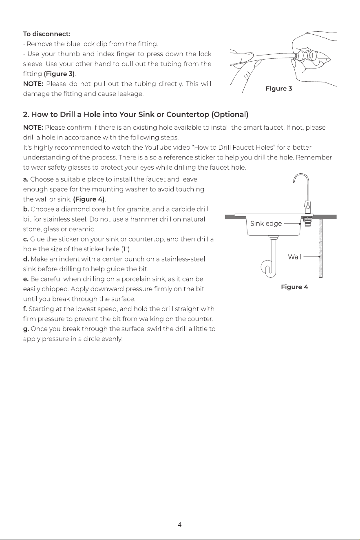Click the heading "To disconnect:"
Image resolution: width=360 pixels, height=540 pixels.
[46, 34]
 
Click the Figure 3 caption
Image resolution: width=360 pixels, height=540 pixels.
[279, 89]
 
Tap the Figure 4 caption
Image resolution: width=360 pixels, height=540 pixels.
[294, 287]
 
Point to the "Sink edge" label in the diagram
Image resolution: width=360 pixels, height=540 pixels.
[266, 224]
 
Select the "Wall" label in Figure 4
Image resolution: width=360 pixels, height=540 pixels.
[295, 257]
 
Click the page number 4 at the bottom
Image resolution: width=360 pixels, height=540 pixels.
[180, 525]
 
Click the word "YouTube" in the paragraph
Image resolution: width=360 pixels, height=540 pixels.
[158, 147]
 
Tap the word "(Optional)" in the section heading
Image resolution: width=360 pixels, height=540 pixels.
[230, 115]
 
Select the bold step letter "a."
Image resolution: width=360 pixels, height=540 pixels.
[26, 179]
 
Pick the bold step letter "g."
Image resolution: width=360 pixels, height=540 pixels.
[26, 329]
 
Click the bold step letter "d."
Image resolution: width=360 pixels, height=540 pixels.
[26, 259]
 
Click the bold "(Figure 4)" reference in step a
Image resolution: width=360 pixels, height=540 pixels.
[89, 199]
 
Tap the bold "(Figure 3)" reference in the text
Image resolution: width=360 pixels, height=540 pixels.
[59, 74]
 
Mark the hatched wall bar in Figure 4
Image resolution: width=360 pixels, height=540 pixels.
[320, 248]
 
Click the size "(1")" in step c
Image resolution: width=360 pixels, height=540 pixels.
[126, 249]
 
